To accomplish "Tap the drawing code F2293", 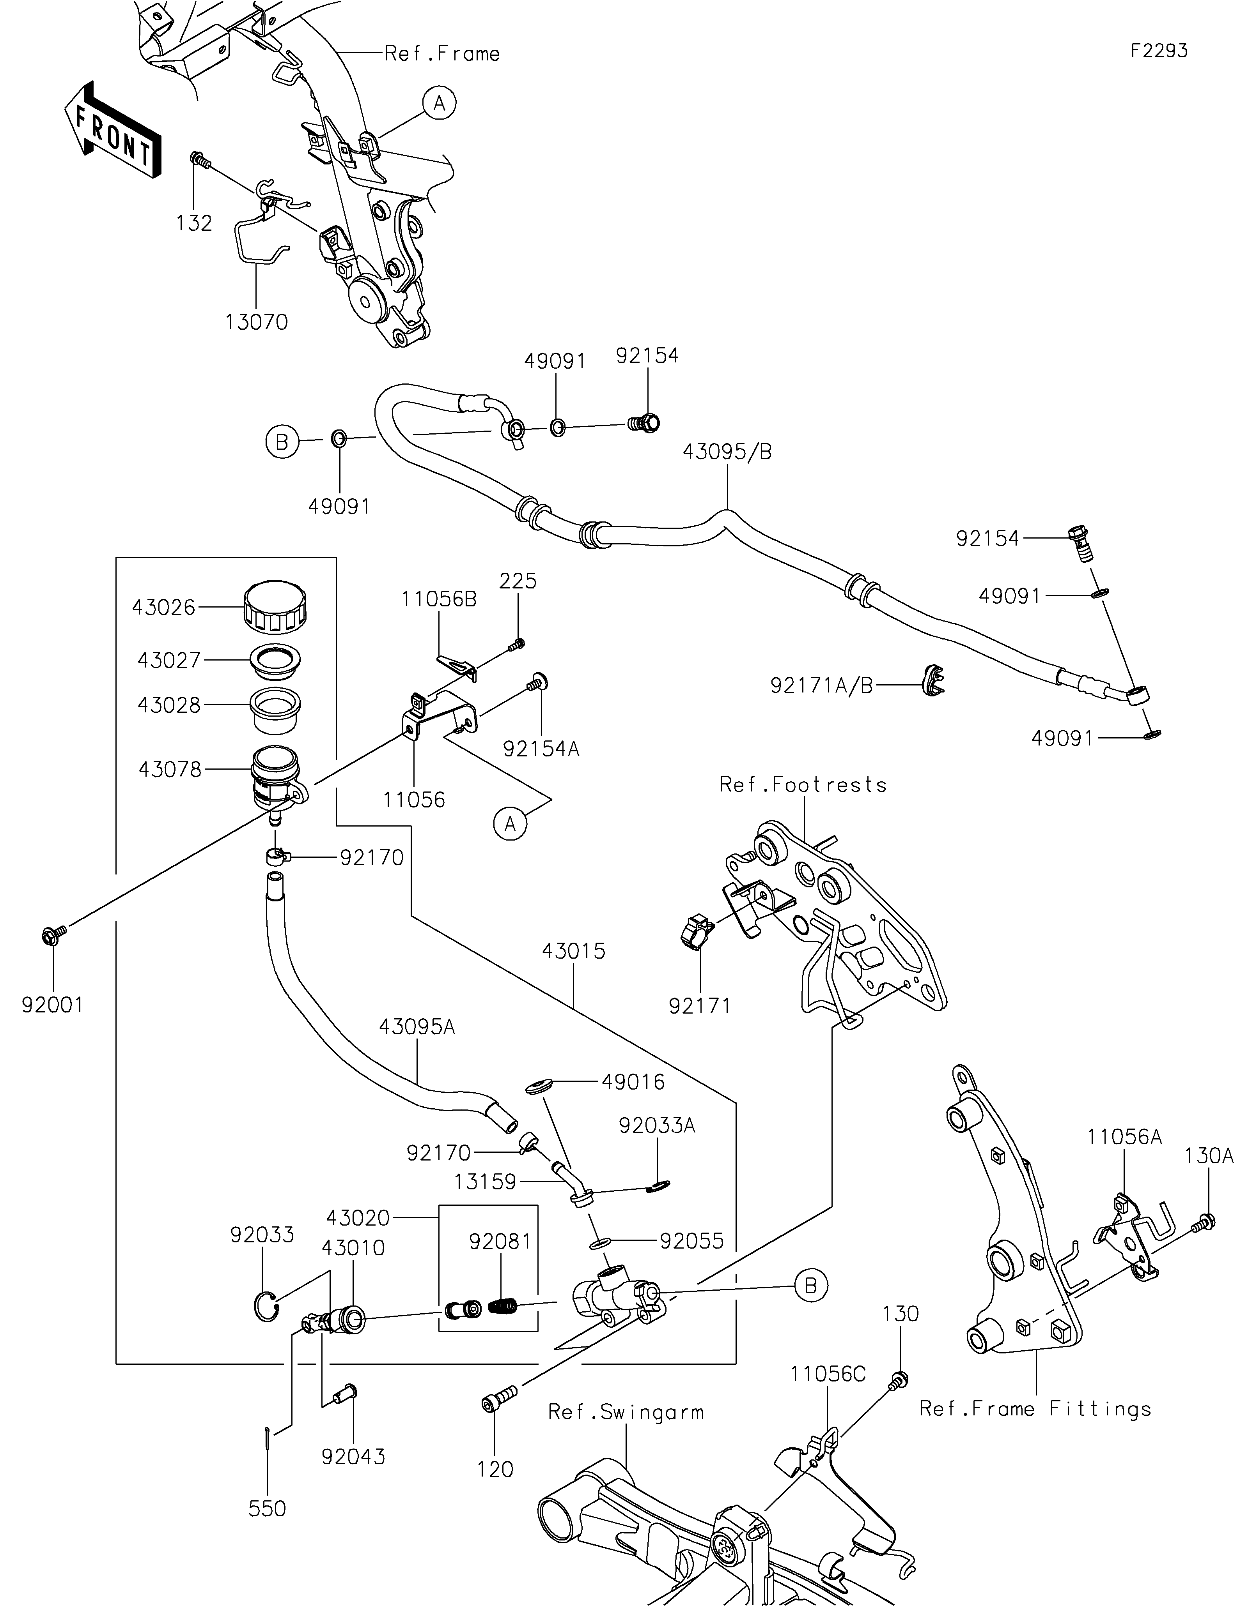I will pyautogui.click(x=1159, y=51).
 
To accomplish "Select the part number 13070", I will pyautogui.click(x=256, y=322).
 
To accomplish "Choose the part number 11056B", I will pyautogui.click(x=439, y=599).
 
